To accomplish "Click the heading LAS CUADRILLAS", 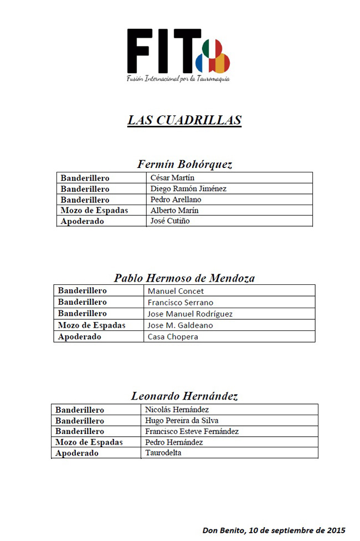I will coord(184,120).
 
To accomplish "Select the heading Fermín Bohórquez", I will coord(184,164).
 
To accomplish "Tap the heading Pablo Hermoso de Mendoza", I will coord(184,278).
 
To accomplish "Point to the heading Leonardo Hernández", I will coord(184,396).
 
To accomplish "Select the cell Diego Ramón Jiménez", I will coord(188,188).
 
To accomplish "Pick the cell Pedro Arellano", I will coord(176,200).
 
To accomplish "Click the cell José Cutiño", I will coord(171,221).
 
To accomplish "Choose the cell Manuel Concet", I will coord(176,291).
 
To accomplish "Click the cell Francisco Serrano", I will coord(180,303).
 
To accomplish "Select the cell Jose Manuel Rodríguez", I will coord(190,314).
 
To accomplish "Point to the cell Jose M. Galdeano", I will coord(180,325).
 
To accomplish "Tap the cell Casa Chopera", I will coord(173,336).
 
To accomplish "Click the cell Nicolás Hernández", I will coord(177,410).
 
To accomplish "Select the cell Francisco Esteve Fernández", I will coord(192,431).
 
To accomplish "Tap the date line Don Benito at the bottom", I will coord(274,529).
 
